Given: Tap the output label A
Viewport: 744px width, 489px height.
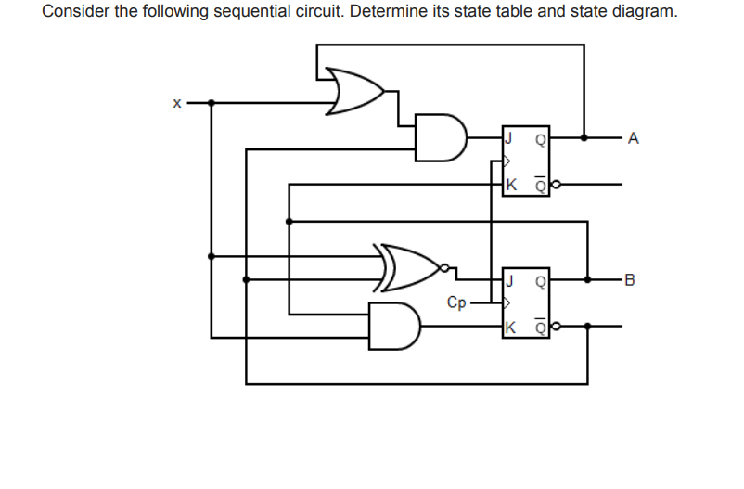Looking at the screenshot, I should click(x=634, y=139).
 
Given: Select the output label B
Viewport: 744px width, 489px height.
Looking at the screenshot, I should click(x=633, y=277).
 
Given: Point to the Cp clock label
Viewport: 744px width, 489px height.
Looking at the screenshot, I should click(x=455, y=302).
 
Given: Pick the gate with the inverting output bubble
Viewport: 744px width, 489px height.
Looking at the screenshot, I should click(x=408, y=266).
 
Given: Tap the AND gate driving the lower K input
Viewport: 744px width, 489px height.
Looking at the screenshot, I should click(x=393, y=325).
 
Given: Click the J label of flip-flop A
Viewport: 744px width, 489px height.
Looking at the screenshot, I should click(x=508, y=139).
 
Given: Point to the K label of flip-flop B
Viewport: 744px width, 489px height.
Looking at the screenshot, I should click(x=509, y=327).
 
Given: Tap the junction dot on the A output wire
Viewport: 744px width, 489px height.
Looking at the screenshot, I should click(x=584, y=137).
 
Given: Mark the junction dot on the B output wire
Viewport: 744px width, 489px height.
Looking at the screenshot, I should click(x=587, y=277).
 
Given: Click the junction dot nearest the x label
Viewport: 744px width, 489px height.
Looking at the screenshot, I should click(x=212, y=102).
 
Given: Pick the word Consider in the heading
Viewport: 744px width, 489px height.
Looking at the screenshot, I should click(x=72, y=12).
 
